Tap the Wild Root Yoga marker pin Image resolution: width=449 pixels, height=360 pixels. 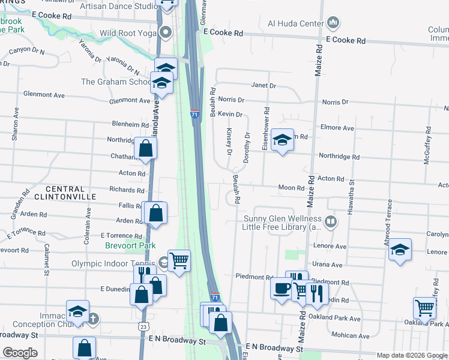point(167,32)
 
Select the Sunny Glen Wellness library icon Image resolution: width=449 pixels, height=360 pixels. point(331,223)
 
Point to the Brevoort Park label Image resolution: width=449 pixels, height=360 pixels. point(130,245)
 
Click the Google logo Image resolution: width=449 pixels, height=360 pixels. point(19,352)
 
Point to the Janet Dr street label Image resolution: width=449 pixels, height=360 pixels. point(264,86)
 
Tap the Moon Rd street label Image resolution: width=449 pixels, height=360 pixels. point(292,188)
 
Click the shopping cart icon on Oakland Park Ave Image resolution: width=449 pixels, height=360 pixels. point(425,308)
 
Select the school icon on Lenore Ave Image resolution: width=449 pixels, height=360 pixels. point(400,251)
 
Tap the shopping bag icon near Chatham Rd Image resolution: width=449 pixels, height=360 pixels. point(145,148)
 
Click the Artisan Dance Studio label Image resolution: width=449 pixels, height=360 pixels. point(119,5)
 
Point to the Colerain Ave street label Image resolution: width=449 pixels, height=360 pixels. point(88,226)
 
